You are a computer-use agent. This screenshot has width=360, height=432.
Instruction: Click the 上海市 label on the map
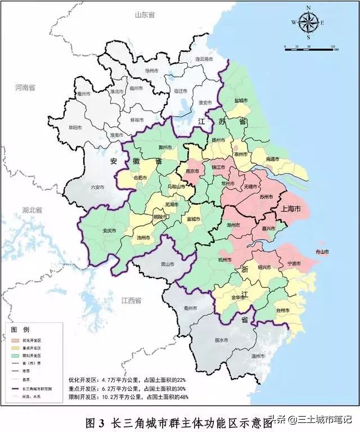(x=291, y=209)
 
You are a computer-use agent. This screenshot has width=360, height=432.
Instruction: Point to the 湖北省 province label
(x=33, y=210)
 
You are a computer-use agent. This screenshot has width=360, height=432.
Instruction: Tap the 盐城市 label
(x=241, y=101)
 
